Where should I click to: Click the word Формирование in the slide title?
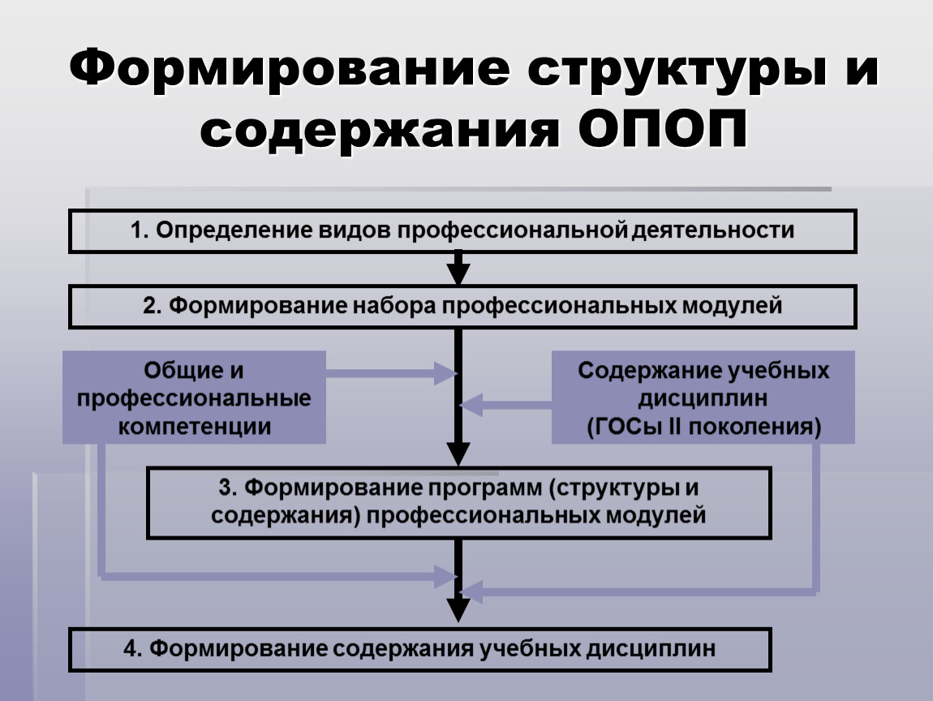click(x=290, y=69)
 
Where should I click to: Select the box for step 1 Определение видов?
click(x=462, y=231)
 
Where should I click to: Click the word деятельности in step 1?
click(x=712, y=230)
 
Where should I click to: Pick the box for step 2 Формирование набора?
click(x=462, y=307)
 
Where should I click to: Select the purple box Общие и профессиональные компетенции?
click(x=194, y=397)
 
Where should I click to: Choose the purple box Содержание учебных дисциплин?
click(x=703, y=397)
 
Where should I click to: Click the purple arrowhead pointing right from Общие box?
click(x=445, y=374)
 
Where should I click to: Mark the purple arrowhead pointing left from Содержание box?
click(x=471, y=405)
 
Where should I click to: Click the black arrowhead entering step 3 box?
click(x=458, y=454)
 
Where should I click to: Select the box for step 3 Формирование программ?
click(x=458, y=503)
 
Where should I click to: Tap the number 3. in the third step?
click(x=228, y=488)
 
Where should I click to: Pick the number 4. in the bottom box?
click(x=133, y=648)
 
